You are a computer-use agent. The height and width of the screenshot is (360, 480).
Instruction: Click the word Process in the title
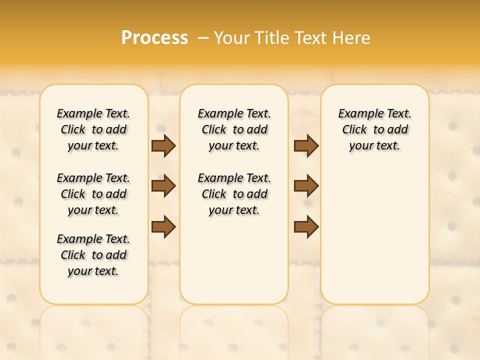point(154,38)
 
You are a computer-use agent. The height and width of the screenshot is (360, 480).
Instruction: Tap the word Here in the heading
point(352,38)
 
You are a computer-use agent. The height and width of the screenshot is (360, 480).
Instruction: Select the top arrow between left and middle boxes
point(163,146)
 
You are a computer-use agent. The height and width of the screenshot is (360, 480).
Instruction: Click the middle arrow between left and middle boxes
point(163,186)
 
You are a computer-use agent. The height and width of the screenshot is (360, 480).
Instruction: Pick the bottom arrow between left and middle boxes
point(163,226)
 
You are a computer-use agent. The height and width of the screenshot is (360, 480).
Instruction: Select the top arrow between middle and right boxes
point(306,146)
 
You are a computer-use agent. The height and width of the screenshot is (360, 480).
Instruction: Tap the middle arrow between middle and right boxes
point(306,186)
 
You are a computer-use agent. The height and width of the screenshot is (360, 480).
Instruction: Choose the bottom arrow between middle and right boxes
point(306,226)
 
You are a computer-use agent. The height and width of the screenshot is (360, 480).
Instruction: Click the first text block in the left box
point(93,129)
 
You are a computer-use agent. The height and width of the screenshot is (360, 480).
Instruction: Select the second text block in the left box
point(93,194)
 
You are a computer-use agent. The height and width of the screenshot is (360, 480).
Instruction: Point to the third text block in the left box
point(93,255)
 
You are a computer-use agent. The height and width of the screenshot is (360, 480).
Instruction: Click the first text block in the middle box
point(234,129)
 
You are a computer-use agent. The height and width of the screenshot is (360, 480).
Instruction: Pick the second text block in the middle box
point(234,194)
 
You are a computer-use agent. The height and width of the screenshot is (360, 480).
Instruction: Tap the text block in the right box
point(374,129)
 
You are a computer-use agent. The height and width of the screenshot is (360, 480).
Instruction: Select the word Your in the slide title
point(232,38)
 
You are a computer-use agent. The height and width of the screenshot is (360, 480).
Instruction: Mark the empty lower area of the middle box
point(234,260)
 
